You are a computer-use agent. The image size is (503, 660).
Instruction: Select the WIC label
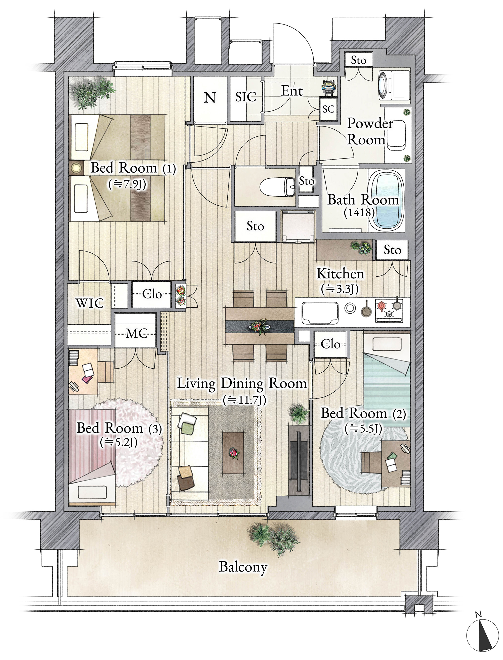coord(90,303)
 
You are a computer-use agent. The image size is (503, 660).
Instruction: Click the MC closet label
coord(137,333)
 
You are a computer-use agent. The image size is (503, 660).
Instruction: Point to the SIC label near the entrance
coord(245,97)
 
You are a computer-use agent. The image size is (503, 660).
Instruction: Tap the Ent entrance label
coord(292,91)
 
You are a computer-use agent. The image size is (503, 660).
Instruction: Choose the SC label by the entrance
coord(328,109)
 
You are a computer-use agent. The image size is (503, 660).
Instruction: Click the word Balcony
coord(243,567)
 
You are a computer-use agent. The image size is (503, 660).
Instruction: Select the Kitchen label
coord(341,274)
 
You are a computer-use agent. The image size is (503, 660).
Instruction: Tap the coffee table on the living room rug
coord(233,453)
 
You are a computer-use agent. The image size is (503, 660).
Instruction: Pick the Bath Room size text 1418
coord(359,213)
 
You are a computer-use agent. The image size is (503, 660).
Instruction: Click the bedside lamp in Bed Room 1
coord(77,168)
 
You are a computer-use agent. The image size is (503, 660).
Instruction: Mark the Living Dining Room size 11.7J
coord(244,400)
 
